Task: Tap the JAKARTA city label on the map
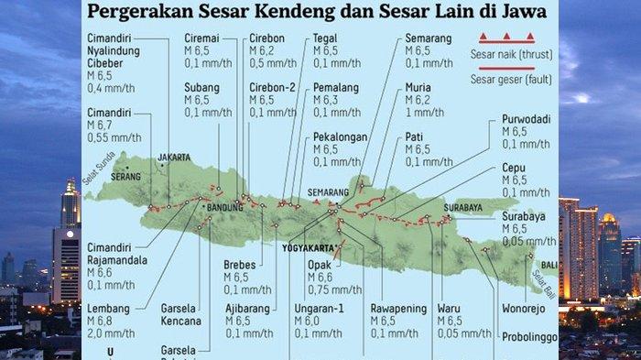pyautogui.click(x=174, y=158)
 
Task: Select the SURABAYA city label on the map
pyautogui.click(x=462, y=208)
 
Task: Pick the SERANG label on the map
pyautogui.click(x=125, y=176)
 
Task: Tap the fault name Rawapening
pyautogui.click(x=398, y=309)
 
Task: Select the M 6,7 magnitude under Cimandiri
pyautogui.click(x=100, y=125)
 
